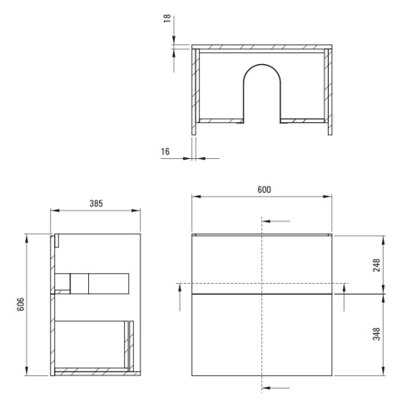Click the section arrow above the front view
point(278,221)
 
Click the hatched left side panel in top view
point(196,87)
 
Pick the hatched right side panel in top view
point(329,87)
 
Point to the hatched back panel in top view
point(262,49)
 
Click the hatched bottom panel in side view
point(92,369)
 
